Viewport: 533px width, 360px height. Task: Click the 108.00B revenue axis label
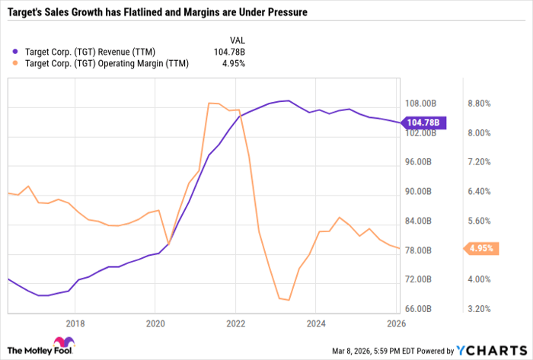(x=422, y=104)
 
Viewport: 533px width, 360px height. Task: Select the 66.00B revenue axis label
(x=420, y=309)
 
